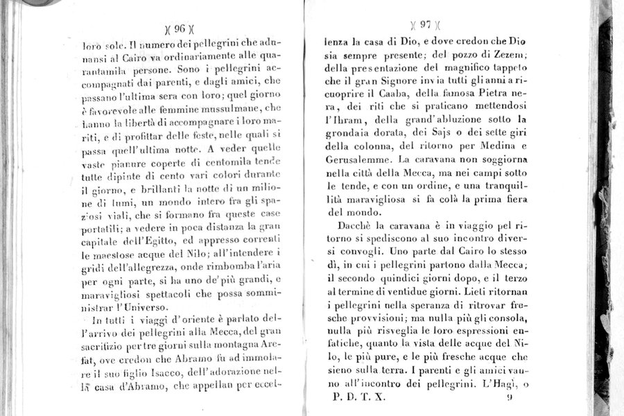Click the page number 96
[180, 29]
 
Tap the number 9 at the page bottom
[509, 397]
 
